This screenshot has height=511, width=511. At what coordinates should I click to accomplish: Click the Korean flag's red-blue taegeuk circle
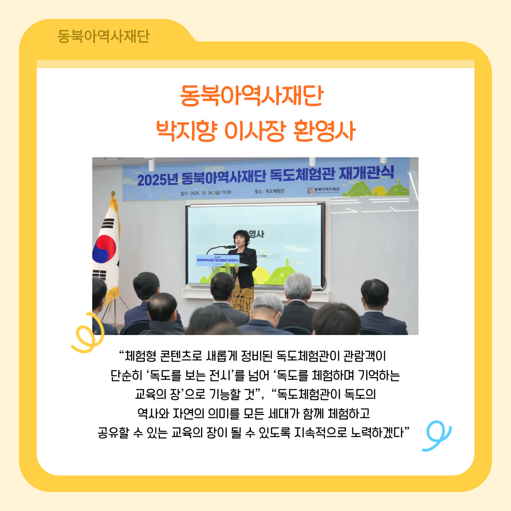click(105, 249)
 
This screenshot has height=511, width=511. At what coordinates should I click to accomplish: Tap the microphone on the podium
click(228, 247)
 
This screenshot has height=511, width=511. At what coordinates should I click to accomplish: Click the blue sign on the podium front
click(219, 260)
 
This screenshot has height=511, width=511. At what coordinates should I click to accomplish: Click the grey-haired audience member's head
click(298, 286)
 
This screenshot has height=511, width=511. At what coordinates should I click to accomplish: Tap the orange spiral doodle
click(84, 333)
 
